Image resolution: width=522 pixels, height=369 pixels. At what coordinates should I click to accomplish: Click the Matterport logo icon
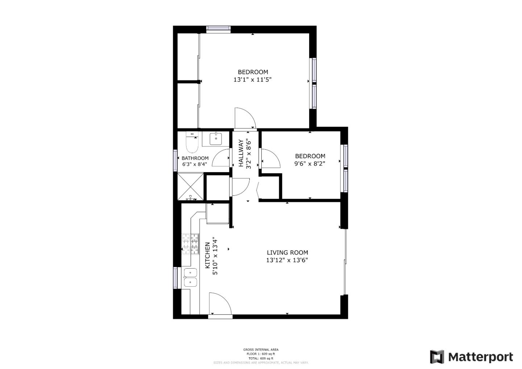click(437, 357)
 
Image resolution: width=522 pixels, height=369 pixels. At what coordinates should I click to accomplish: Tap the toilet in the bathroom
click(191, 143)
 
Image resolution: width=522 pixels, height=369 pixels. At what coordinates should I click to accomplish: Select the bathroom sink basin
click(216, 138)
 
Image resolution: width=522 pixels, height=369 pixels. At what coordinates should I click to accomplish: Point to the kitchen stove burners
click(190, 244)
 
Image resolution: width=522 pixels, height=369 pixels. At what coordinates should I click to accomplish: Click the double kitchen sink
click(190, 277)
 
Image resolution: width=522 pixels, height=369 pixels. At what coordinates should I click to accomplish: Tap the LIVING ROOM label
click(287, 253)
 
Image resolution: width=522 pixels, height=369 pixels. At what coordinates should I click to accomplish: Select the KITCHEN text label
click(208, 255)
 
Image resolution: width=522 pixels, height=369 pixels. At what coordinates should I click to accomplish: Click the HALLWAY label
click(241, 153)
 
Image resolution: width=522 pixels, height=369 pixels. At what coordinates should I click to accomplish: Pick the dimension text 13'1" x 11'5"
click(253, 79)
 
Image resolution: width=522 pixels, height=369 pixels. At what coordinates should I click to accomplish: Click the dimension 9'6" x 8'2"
click(310, 163)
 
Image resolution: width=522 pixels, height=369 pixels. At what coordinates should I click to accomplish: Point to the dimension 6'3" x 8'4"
click(195, 164)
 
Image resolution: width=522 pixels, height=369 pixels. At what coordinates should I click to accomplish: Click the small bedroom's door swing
click(270, 159)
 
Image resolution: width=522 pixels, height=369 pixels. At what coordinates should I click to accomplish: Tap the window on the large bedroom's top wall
click(218, 29)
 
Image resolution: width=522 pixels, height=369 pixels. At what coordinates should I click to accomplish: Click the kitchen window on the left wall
click(175, 277)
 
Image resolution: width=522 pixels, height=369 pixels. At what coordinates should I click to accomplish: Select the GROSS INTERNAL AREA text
click(261, 350)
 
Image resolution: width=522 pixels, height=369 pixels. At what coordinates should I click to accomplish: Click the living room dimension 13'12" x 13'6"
click(287, 260)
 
